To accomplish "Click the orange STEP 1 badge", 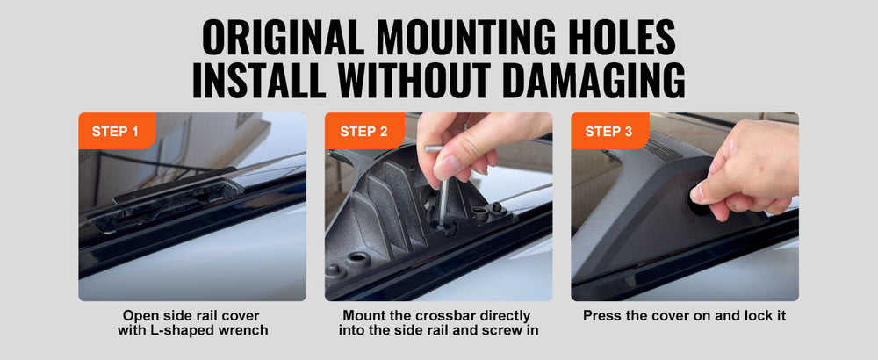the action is pyautogui.click(x=117, y=131).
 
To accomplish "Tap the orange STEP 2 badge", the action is pyautogui.click(x=364, y=131).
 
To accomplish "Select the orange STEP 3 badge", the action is pyautogui.click(x=610, y=131).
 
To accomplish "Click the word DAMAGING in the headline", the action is pyautogui.click(x=594, y=80).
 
